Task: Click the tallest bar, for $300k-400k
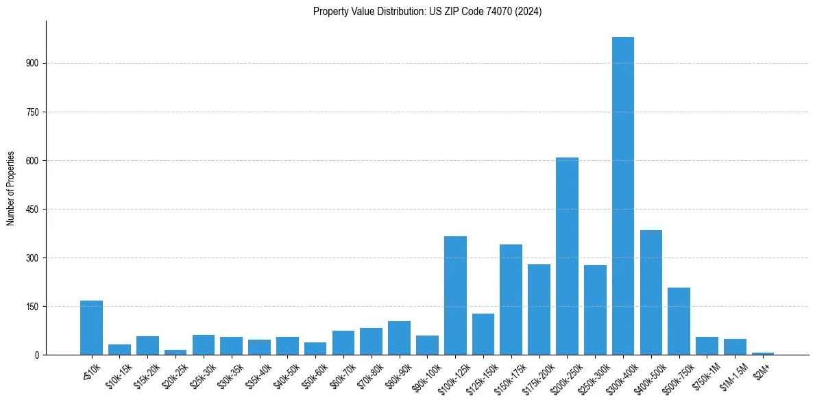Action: [x=622, y=196]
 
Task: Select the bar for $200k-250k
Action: [x=567, y=256]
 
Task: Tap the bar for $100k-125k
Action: [x=455, y=295]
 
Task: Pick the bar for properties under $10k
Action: [x=91, y=327]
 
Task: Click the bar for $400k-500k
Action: [x=650, y=292]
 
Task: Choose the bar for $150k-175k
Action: [x=511, y=299]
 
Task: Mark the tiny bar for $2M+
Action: [x=763, y=353]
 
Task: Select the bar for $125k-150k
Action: [x=483, y=334]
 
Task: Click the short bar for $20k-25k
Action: [x=175, y=352]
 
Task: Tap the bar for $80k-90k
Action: [x=399, y=338]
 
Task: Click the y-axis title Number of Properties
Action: [x=11, y=188]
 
